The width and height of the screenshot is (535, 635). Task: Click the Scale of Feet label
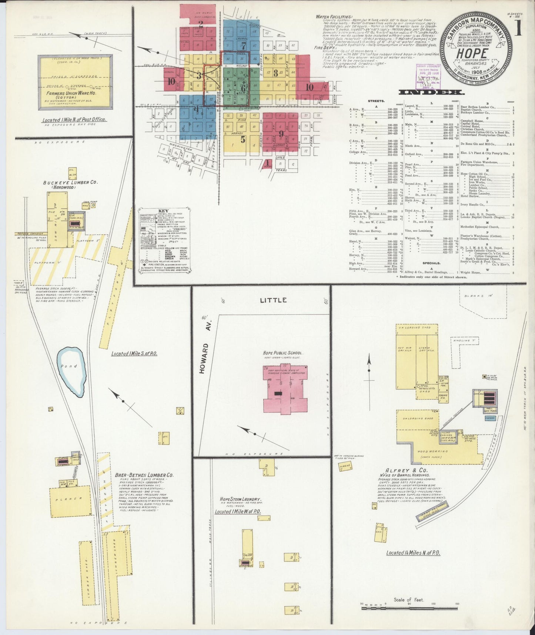(x=409, y=600)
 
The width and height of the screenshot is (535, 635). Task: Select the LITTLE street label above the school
(x=273, y=300)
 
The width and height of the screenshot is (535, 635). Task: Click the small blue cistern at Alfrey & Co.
(x=490, y=418)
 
